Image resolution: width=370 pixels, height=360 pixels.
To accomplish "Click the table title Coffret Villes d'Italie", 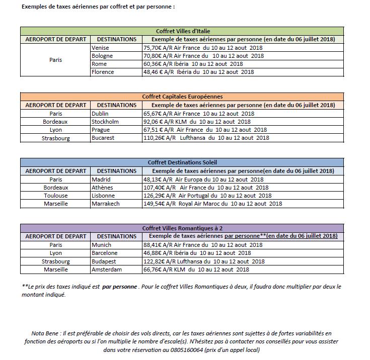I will pyautogui.click(x=182, y=31).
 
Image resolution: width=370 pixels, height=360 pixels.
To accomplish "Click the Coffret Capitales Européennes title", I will pyautogui.click(x=182, y=97).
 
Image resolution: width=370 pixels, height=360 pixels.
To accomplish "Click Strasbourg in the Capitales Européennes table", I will pyautogui.click(x=55, y=137).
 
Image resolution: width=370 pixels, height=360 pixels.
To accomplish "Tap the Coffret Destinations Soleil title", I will pyautogui.click(x=182, y=162).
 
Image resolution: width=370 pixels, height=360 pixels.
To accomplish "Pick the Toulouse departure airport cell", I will pyautogui.click(x=55, y=196).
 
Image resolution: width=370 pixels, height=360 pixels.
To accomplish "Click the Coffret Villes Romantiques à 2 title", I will pyautogui.click(x=182, y=228).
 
